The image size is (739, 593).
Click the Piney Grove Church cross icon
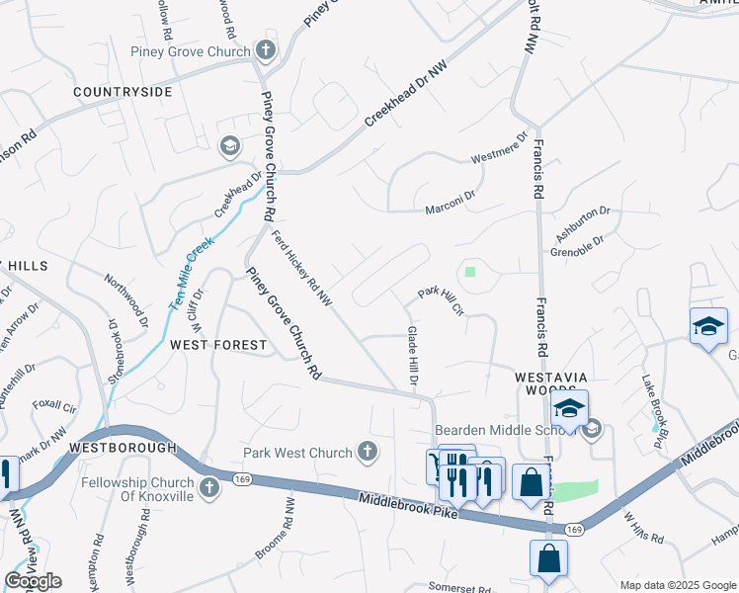(265, 49)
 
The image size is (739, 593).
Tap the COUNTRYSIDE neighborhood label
(123, 92)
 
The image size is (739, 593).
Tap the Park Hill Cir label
(441, 299)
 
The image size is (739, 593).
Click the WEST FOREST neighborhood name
(218, 345)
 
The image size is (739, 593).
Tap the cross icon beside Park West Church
(368, 452)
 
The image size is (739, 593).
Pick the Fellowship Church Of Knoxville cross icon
(209, 487)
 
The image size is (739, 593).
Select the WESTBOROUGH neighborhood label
(123, 448)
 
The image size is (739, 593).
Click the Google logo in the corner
(34, 581)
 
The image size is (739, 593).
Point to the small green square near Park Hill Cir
(470, 271)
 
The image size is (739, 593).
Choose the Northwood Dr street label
(127, 300)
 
